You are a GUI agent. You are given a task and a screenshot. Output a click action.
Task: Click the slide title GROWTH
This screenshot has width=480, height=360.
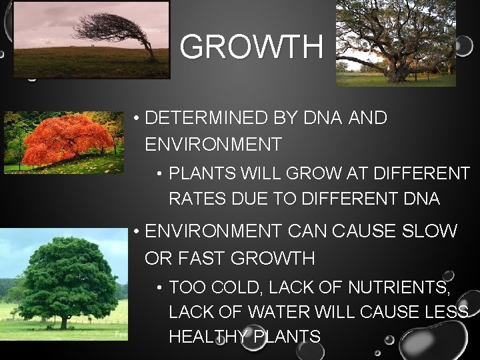251,47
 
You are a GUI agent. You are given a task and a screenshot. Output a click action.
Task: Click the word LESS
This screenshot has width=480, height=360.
447,313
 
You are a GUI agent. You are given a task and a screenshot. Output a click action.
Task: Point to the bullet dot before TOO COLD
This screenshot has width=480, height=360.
160,289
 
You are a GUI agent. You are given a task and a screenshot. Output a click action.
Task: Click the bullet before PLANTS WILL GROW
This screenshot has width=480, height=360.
160,175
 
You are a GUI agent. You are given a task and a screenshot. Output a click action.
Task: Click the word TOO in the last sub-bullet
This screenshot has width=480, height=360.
185,288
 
